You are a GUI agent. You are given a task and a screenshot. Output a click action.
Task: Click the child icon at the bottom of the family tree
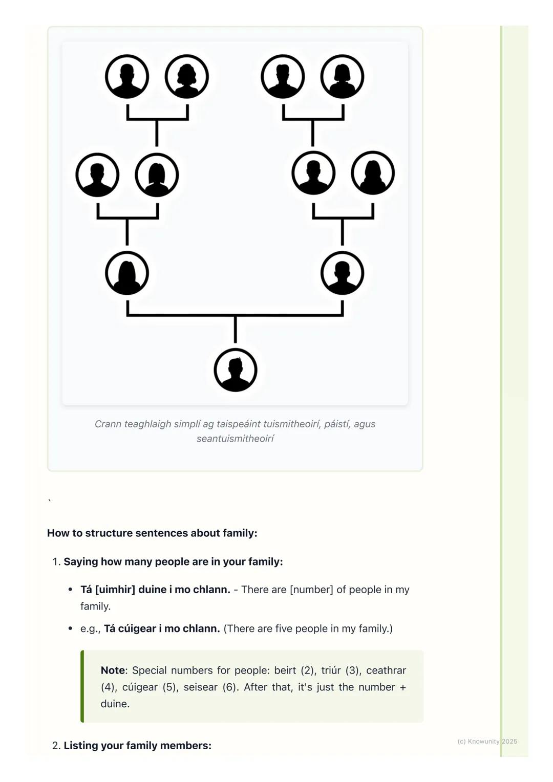pyautogui.click(x=235, y=370)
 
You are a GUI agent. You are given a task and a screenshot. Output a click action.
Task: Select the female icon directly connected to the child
pyautogui.click(x=127, y=273)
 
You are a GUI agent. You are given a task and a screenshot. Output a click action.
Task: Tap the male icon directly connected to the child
pyautogui.click(x=342, y=273)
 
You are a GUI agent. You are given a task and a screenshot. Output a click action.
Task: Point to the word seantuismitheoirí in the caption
pyautogui.click(x=235, y=439)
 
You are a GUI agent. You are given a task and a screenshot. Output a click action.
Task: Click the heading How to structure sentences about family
pyautogui.click(x=152, y=533)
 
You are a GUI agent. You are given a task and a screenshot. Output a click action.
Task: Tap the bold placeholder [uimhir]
pyautogui.click(x=115, y=590)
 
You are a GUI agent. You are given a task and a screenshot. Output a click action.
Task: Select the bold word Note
pyautogui.click(x=113, y=670)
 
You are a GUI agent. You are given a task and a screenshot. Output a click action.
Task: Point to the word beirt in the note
pyautogui.click(x=285, y=670)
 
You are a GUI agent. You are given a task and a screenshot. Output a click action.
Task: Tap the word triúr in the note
pyautogui.click(x=331, y=670)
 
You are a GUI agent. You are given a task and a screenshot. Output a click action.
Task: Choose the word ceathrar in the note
pyautogui.click(x=386, y=670)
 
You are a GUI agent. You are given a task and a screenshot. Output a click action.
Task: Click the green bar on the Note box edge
pyautogui.click(x=82, y=686)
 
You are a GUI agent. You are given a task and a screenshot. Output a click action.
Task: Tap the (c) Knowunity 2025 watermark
pyautogui.click(x=487, y=741)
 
